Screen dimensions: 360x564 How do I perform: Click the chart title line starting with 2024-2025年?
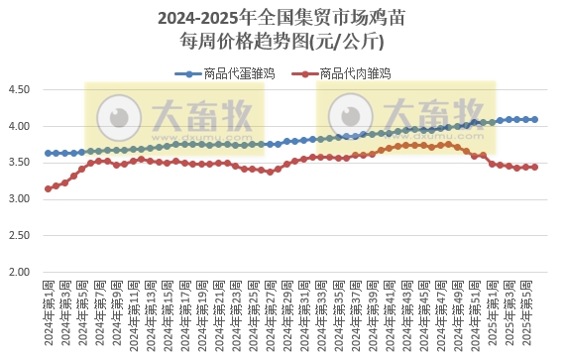point(282,19)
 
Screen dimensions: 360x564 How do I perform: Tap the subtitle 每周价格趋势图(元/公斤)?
point(282,42)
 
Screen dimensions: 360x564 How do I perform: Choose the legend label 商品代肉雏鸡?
point(355,73)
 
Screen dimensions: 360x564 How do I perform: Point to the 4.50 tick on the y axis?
point(20,90)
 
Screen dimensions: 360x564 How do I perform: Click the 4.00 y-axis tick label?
point(20,127)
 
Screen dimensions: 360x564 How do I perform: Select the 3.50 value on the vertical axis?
point(20,163)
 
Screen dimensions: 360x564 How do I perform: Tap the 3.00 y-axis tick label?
point(20,199)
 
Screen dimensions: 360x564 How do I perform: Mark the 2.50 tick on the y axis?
point(20,236)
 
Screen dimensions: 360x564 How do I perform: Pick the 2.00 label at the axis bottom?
point(20,272)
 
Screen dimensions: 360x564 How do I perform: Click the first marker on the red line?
point(48,188)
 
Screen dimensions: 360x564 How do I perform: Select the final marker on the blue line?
point(535,119)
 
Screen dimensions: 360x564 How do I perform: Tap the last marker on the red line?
point(535,167)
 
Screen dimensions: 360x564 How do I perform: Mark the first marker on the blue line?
point(48,153)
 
